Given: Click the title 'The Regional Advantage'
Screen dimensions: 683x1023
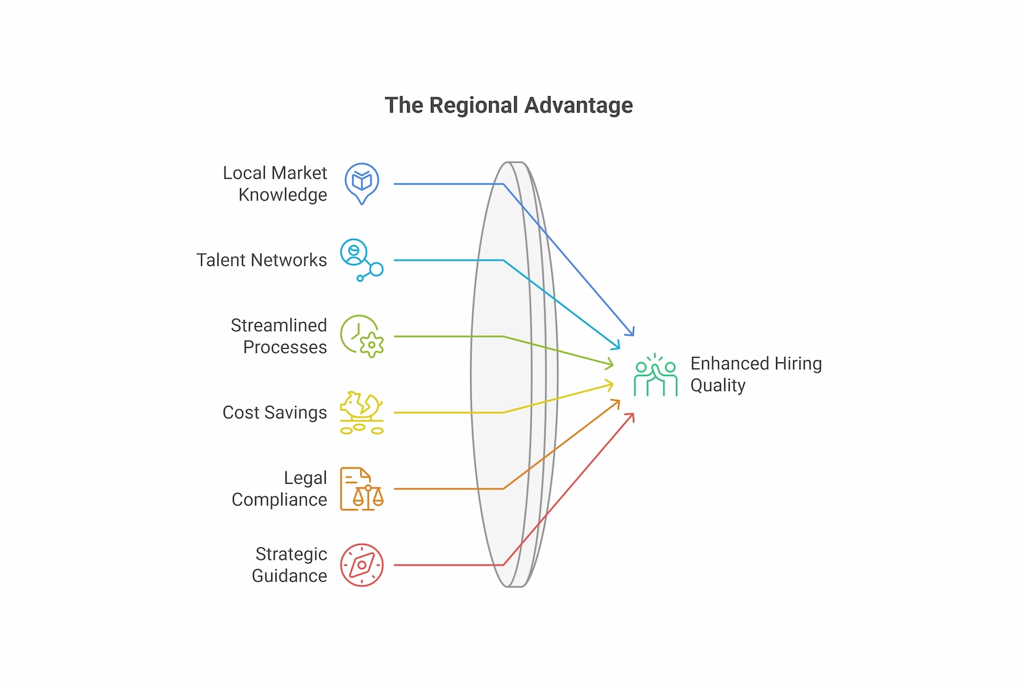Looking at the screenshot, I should click(509, 105).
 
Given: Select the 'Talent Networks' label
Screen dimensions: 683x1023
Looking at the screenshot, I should click(261, 260).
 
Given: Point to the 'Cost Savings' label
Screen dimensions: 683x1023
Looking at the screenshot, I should click(274, 412).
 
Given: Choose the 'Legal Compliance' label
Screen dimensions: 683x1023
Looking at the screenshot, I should click(280, 489).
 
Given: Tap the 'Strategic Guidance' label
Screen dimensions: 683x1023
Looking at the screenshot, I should click(289, 565).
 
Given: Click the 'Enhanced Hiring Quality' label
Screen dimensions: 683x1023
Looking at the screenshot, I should click(756, 374).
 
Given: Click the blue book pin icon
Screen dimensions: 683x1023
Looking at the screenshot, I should click(361, 183).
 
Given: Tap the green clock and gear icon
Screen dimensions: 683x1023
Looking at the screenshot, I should click(361, 336).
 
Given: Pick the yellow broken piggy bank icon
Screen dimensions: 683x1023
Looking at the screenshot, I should click(361, 412).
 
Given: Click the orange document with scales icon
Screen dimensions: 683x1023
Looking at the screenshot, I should click(361, 489).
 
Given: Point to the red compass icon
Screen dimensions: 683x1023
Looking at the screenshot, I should click(361, 565).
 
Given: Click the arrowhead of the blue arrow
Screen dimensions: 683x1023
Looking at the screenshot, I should click(632, 333).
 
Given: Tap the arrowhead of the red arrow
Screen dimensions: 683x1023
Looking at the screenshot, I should click(632, 416).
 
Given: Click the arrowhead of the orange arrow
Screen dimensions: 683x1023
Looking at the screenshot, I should click(617, 403).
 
